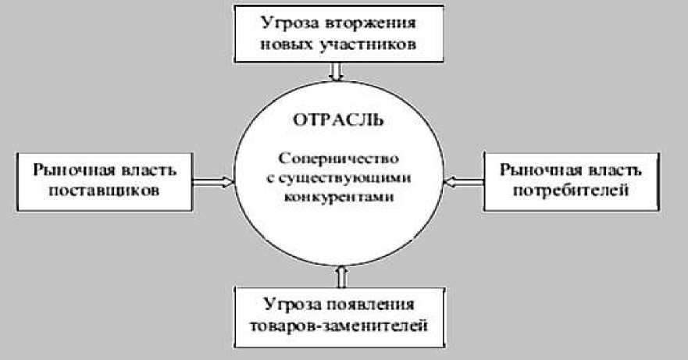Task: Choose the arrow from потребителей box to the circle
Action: (464, 181)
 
